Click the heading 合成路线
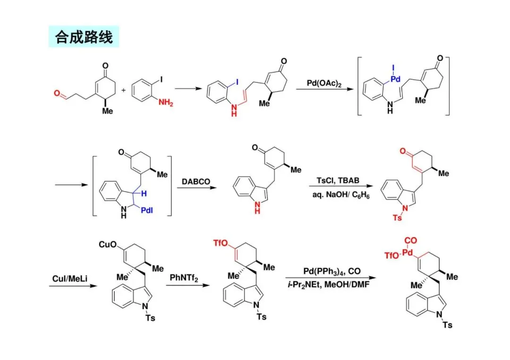[84, 37]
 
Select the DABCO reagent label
[193, 181]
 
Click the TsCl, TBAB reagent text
[337, 180]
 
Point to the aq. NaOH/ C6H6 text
[337, 195]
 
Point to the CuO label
[107, 244]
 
